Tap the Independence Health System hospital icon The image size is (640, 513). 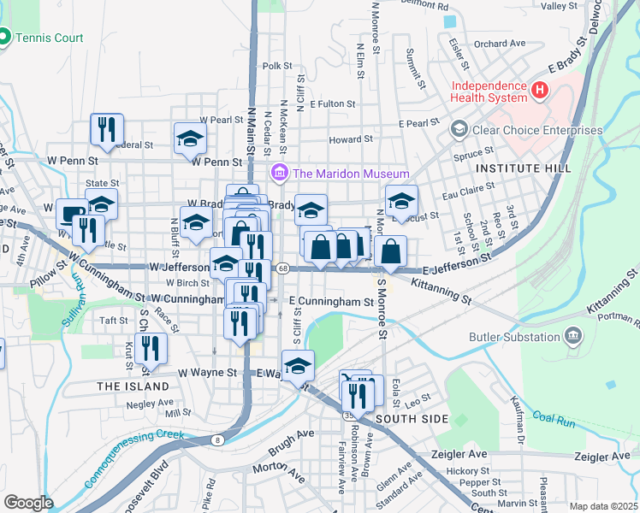point(540,89)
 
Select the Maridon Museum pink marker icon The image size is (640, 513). point(280,174)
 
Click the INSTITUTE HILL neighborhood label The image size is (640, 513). point(524,168)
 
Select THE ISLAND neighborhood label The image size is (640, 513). point(133,386)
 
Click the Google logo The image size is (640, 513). point(28,503)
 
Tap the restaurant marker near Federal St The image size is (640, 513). point(107,130)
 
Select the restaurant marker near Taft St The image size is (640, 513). point(151,347)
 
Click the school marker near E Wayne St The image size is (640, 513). point(298,367)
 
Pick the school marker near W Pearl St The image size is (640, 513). point(190,139)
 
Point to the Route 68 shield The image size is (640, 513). point(282,268)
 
